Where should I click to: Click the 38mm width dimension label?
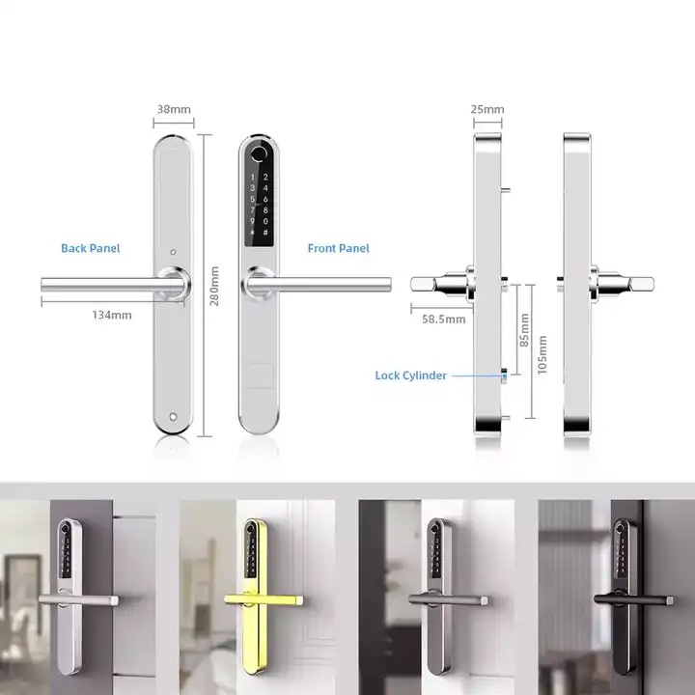pyautogui.click(x=174, y=109)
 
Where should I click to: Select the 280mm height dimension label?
pyautogui.click(x=214, y=286)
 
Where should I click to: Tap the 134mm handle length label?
pyautogui.click(x=112, y=315)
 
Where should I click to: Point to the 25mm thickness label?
pyautogui.click(x=487, y=109)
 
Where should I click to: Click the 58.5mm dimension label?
pyautogui.click(x=444, y=320)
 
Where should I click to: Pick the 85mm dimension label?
pyautogui.click(x=524, y=330)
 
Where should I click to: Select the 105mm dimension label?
pyautogui.click(x=542, y=354)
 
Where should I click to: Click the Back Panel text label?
pyautogui.click(x=91, y=248)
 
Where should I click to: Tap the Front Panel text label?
pyautogui.click(x=338, y=248)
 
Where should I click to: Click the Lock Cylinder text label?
pyautogui.click(x=410, y=375)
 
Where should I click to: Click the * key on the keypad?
pyautogui.click(x=252, y=233)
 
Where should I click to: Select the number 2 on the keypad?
pyautogui.click(x=265, y=177)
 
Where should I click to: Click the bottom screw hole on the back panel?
pyautogui.click(x=173, y=417)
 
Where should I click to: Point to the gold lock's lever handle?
pyautogui.click(x=264, y=600)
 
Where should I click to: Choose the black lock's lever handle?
pyautogui.click(x=633, y=600)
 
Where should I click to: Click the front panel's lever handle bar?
pyautogui.click(x=320, y=284)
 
